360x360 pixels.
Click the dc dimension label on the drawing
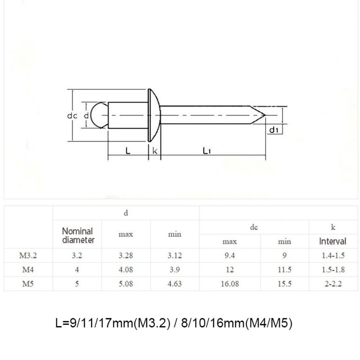[x=72, y=116]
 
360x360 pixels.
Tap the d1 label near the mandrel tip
[x=274, y=130]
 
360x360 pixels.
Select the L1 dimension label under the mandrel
[x=206, y=151]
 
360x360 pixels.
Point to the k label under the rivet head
[x=155, y=151]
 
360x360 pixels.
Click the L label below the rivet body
[x=128, y=151]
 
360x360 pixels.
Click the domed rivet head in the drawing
[x=154, y=116]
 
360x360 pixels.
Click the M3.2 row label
[x=28, y=256]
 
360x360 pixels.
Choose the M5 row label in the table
[x=28, y=284]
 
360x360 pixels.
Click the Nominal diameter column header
[x=77, y=235]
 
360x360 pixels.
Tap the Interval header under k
[x=333, y=241]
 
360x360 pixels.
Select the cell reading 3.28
[x=126, y=256]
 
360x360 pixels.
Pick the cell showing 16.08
[x=229, y=284]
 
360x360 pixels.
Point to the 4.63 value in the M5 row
[x=175, y=284]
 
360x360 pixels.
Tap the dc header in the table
[x=254, y=228]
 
